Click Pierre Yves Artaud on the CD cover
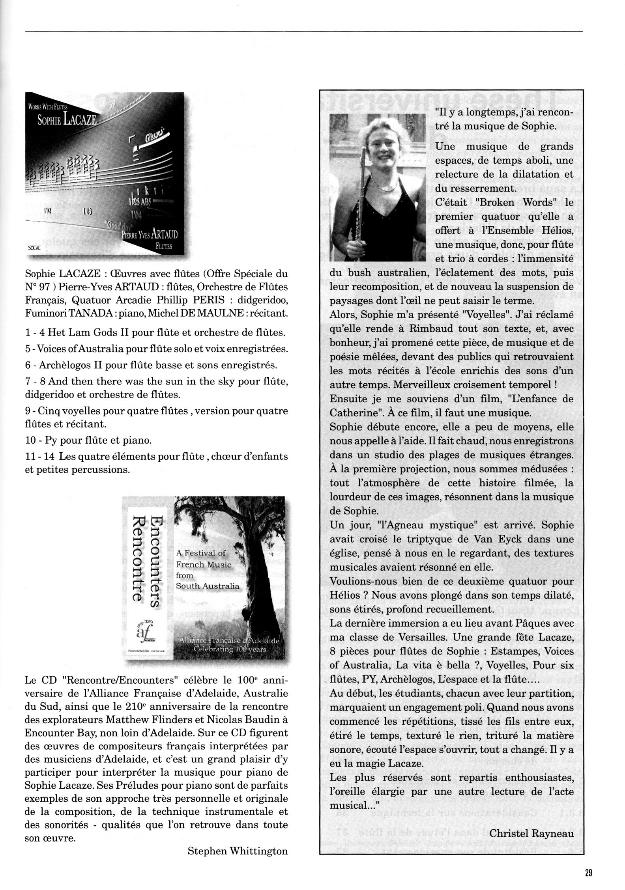(x=150, y=235)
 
